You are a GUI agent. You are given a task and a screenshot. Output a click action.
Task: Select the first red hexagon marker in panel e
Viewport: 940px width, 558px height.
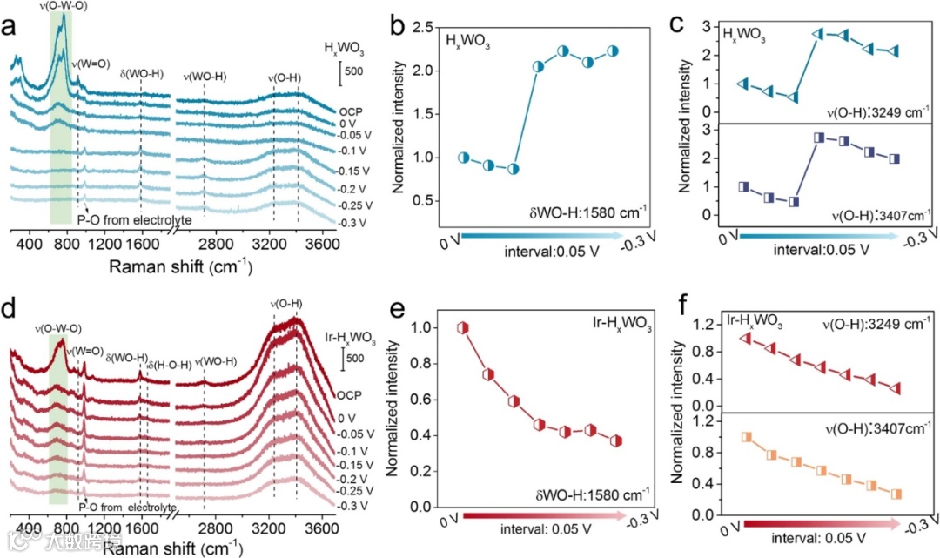coord(464,327)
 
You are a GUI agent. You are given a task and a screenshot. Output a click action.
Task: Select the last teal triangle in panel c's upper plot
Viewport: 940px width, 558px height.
coord(895,51)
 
